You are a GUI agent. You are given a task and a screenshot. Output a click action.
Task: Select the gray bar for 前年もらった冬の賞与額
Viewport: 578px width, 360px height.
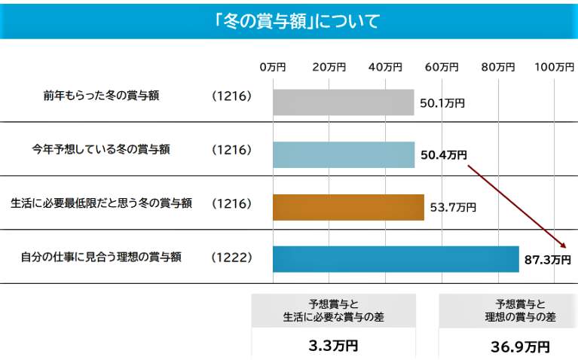tap(343, 102)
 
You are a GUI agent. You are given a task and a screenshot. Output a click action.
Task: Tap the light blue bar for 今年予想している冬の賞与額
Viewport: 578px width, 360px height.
tap(344, 154)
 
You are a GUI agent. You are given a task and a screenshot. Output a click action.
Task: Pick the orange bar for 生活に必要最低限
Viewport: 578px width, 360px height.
tap(348, 206)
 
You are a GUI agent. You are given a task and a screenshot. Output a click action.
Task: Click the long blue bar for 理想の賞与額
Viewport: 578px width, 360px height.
tap(396, 258)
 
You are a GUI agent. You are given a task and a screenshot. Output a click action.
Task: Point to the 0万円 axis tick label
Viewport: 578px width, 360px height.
tap(273, 67)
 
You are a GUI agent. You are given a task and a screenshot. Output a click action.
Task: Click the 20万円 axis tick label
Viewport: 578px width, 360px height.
tap(329, 67)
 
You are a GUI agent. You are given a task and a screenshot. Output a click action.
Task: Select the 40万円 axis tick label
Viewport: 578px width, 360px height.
tap(385, 67)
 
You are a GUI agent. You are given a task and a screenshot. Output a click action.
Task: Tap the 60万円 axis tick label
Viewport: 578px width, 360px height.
tap(442, 67)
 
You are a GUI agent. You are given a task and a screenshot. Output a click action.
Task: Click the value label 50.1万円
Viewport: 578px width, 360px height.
tap(442, 103)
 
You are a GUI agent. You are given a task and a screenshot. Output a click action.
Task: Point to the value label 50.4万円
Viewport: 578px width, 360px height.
tap(443, 155)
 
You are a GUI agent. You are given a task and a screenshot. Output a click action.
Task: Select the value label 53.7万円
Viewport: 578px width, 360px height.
tap(452, 207)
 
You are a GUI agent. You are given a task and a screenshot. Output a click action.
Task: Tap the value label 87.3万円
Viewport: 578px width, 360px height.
tap(547, 260)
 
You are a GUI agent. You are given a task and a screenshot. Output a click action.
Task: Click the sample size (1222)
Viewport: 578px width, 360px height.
tap(231, 258)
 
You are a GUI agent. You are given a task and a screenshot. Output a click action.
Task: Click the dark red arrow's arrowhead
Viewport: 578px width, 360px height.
tap(563, 246)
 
